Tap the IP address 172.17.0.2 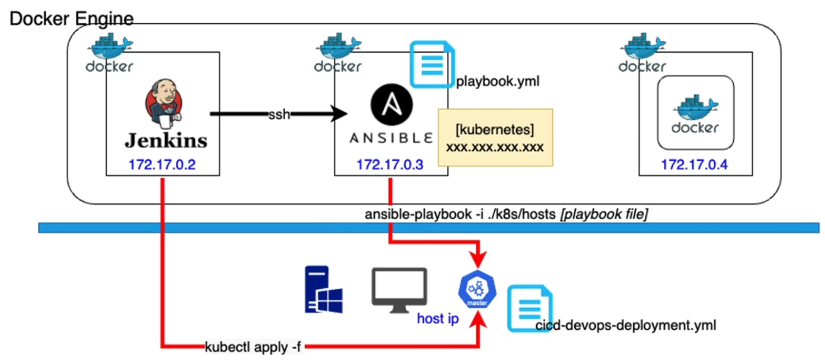point(162,165)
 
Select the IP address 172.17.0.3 point(390,165)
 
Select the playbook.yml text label point(498,82)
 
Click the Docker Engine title point(71,19)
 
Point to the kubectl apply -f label point(252,347)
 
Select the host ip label point(438,318)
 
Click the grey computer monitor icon point(399,290)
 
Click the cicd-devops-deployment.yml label point(625,326)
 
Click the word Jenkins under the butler point(166,140)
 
